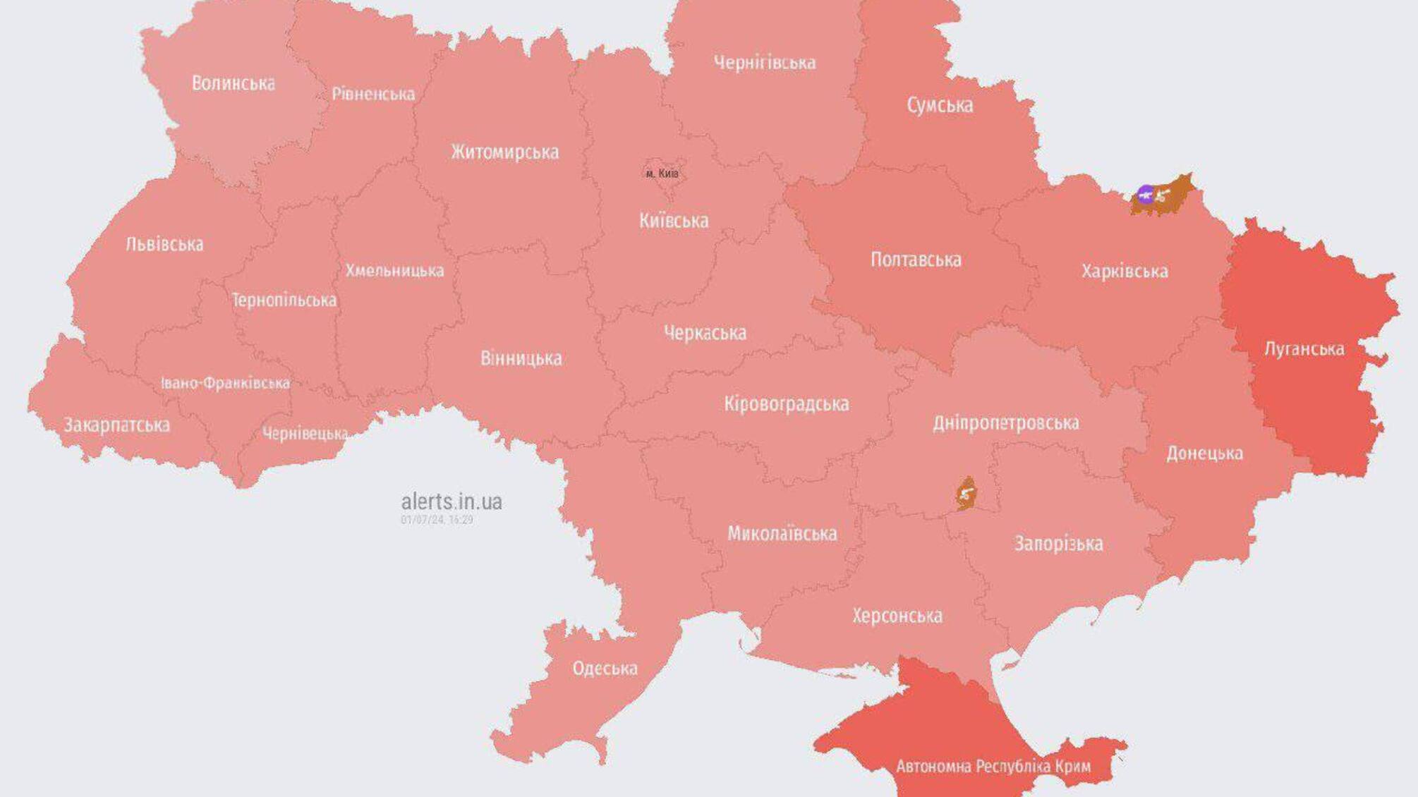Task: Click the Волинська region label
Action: pyautogui.click(x=234, y=83)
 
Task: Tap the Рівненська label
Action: pyautogui.click(x=373, y=94)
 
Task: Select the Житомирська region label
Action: pyautogui.click(x=504, y=152)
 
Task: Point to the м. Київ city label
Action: pyautogui.click(x=662, y=174)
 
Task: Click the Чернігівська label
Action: pyautogui.click(x=765, y=63)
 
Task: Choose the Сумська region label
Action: pyautogui.click(x=940, y=105)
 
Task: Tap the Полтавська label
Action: pyautogui.click(x=916, y=260)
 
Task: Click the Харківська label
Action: pyautogui.click(x=1125, y=271)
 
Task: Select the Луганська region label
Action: pyautogui.click(x=1304, y=348)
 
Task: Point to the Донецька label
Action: pyautogui.click(x=1204, y=453)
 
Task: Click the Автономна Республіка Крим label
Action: pyautogui.click(x=993, y=766)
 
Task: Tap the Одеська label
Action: pyautogui.click(x=605, y=668)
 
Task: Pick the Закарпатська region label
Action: pyautogui.click(x=117, y=425)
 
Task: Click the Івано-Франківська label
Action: pyautogui.click(x=225, y=383)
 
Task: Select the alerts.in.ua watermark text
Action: pyautogui.click(x=452, y=501)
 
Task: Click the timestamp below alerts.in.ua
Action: pyautogui.click(x=437, y=520)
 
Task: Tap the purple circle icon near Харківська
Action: pyautogui.click(x=1146, y=194)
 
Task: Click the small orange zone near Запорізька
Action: pyautogui.click(x=966, y=494)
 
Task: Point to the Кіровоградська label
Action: pyautogui.click(x=786, y=404)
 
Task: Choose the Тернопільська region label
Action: pyautogui.click(x=284, y=300)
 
